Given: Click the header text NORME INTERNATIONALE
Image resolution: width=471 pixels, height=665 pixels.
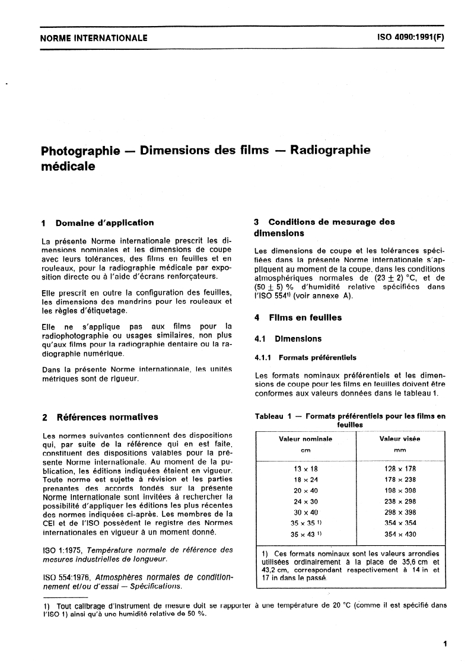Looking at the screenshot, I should coord(93,39).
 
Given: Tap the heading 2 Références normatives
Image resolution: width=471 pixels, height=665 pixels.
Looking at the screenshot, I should coord(100,417).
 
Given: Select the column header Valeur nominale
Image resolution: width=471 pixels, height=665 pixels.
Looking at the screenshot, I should coord(305,439).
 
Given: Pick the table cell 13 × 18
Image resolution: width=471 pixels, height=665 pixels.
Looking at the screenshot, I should coord(305,468).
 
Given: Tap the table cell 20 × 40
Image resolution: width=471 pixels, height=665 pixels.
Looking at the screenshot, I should coord(305,491).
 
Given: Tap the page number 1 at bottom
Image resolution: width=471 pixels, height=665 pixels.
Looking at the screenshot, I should coord(444,643).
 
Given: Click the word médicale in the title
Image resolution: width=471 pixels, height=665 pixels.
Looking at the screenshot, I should coord(68,167).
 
